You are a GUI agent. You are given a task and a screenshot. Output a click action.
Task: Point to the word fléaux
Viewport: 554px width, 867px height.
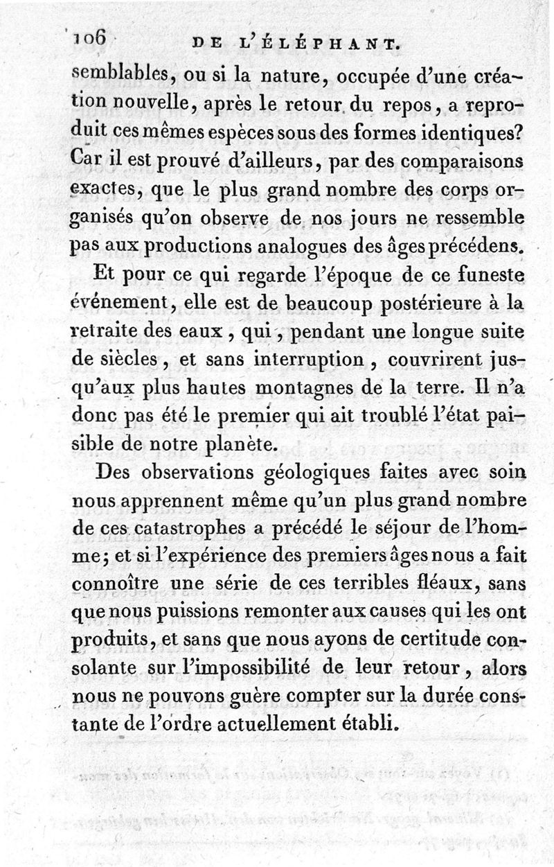click(x=449, y=585)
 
